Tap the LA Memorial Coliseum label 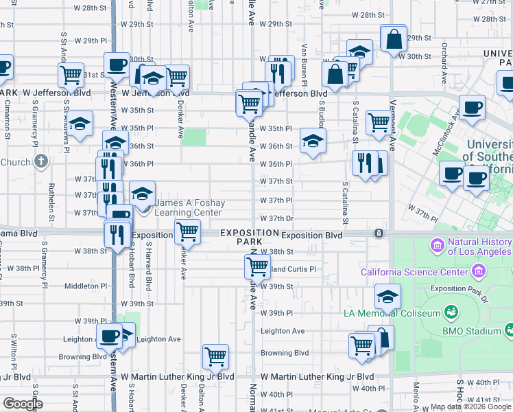coord(392,314)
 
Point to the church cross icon coord(41,162)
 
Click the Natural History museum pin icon coord(437,245)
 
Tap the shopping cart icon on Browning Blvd coord(216,357)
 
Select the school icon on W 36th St coord(313,141)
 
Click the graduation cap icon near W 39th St coord(387,297)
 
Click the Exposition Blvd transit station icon coord(378,234)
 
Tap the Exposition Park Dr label coord(458,289)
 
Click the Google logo coord(23,404)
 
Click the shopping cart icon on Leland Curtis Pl coord(257,266)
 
